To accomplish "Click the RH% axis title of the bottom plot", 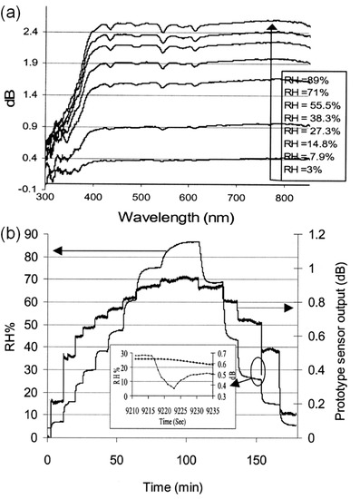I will point(11,343).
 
